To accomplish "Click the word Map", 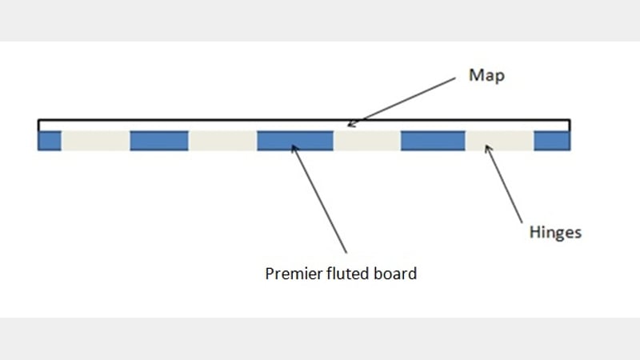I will click(487, 77).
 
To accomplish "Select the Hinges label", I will click(555, 234).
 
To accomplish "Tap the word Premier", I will click(290, 274).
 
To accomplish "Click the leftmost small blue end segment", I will click(50, 141).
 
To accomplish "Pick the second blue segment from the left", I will click(158, 141).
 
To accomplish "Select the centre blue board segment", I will click(294, 141).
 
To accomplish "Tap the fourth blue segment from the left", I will click(432, 141).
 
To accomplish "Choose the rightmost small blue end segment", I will click(552, 141).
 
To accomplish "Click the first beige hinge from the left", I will click(95, 141).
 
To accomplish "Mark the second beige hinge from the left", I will click(222, 141).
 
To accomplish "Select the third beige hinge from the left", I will click(366, 141).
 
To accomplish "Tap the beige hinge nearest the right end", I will click(499, 141).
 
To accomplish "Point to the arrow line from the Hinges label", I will click(506, 186).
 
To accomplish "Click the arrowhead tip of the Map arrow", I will click(349, 126).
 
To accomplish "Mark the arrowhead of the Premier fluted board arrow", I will click(294, 146).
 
